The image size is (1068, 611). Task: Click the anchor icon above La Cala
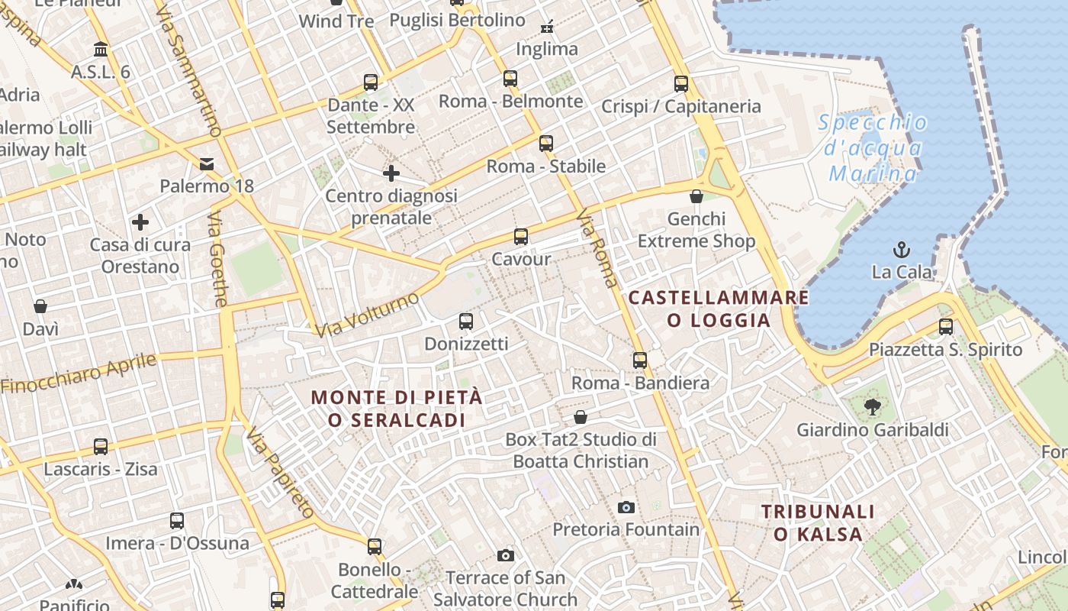point(902,249)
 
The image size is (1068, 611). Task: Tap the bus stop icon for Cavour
point(521,237)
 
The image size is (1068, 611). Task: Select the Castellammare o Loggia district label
point(718,309)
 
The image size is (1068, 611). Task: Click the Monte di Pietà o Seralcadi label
point(397,409)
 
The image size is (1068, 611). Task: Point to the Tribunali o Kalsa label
point(818,522)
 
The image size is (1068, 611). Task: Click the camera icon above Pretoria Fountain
point(626,507)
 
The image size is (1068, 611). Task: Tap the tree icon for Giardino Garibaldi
point(872,407)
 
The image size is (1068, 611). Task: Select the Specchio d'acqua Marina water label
point(873,148)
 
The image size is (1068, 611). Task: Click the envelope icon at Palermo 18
point(207,163)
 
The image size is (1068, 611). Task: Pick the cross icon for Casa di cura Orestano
point(140,222)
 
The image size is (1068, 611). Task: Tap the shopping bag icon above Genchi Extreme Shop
point(696,196)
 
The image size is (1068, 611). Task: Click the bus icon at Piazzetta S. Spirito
point(946,327)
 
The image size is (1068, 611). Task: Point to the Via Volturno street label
point(367,314)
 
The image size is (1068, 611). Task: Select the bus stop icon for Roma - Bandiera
point(640,360)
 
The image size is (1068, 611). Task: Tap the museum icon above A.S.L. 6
point(100,50)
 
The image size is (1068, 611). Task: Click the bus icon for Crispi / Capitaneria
point(681,84)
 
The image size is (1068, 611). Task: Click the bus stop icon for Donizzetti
point(466,322)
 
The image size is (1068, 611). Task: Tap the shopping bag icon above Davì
point(40,306)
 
